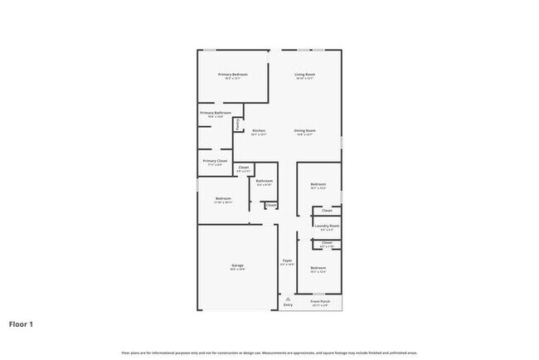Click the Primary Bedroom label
tap(233, 75)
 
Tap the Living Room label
tap(305, 75)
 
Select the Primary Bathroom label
tap(215, 113)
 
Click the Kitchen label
tap(259, 130)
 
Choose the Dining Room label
tap(305, 130)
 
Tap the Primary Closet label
tap(215, 161)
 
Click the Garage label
tap(237, 265)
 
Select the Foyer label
tap(287, 260)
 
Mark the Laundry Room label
tap(328, 226)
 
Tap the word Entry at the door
tap(288, 305)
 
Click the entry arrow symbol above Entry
tap(288, 298)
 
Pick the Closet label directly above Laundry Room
tap(328, 211)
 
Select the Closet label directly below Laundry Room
tap(328, 242)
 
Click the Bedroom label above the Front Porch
tap(318, 268)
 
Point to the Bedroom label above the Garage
tap(223, 198)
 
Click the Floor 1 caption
tap(21, 324)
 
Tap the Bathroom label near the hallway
tap(265, 181)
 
